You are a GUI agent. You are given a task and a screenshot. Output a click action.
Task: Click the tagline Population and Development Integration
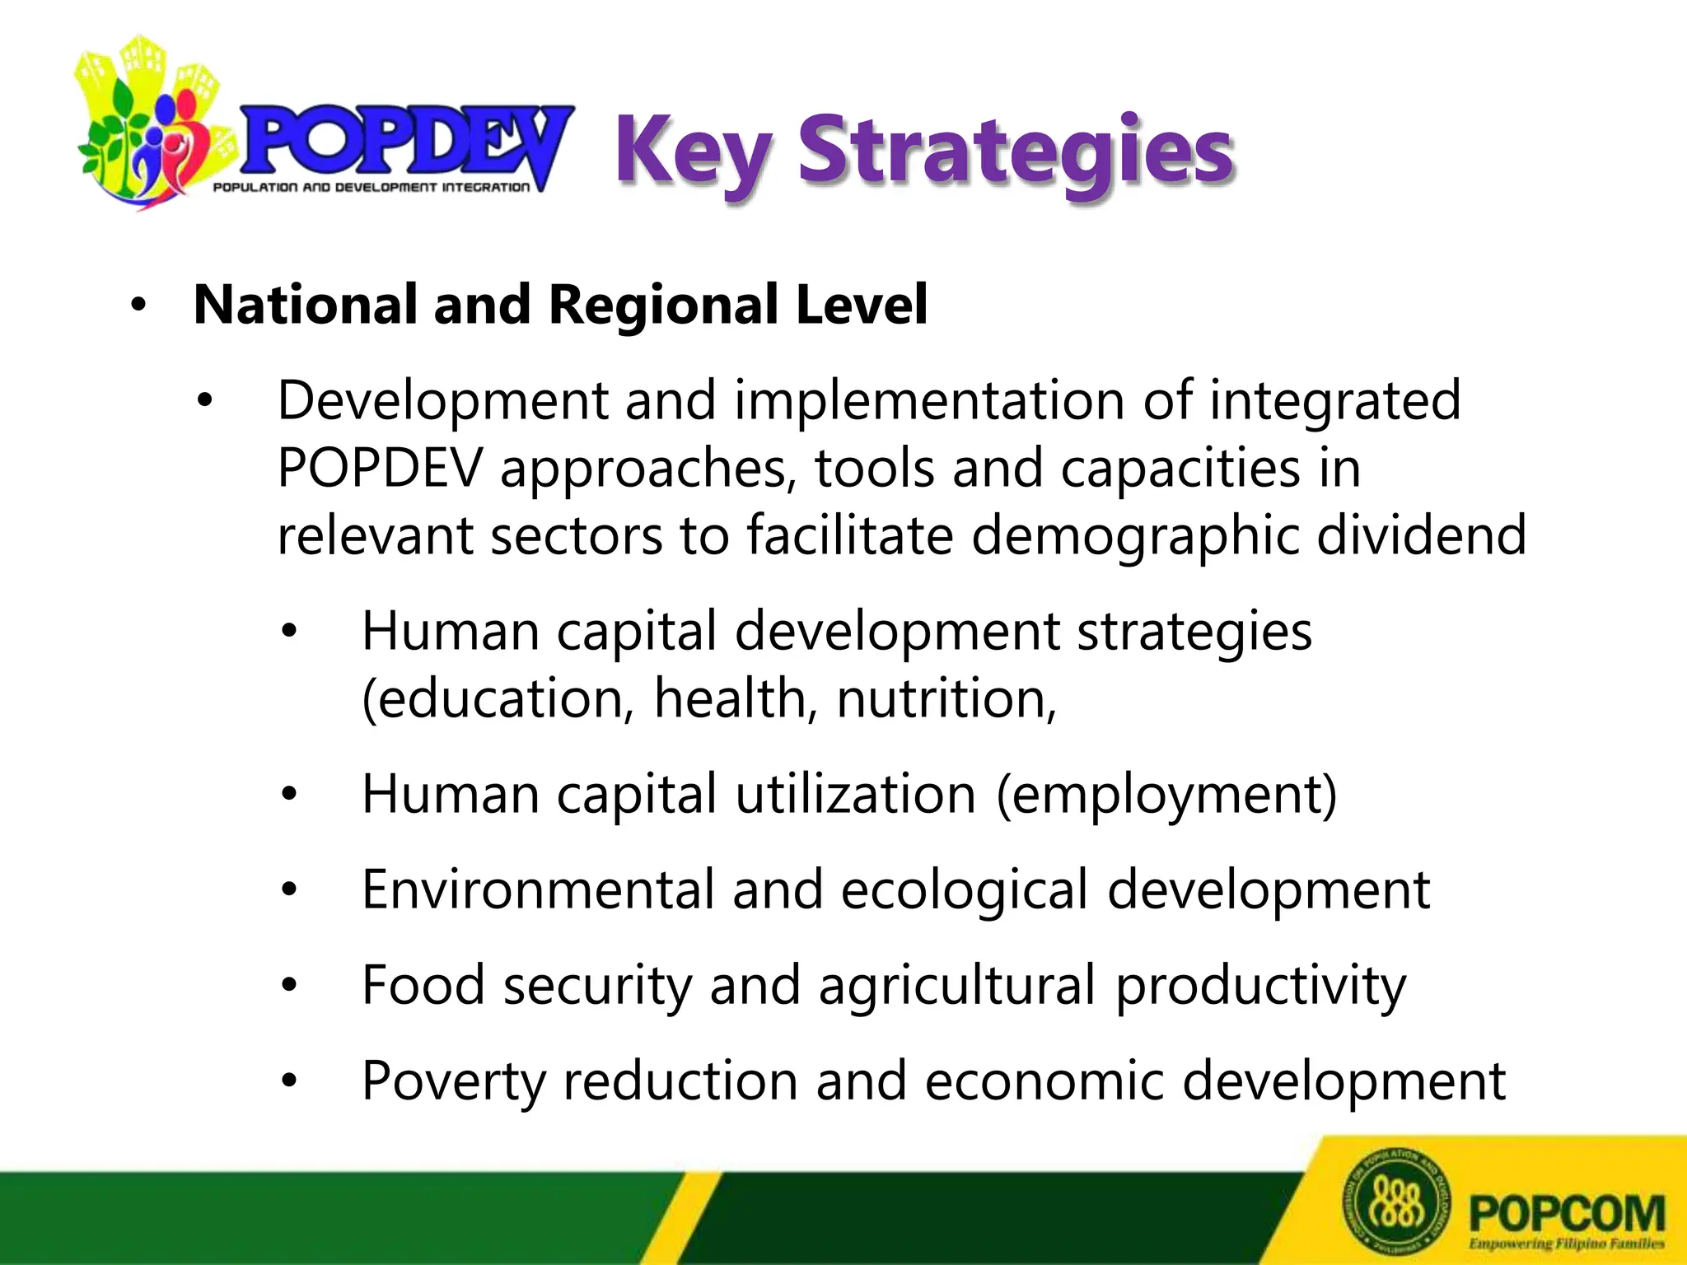(x=371, y=188)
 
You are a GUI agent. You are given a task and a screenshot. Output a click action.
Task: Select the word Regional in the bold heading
(x=662, y=305)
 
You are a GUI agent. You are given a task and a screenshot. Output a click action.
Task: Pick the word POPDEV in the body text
(x=379, y=469)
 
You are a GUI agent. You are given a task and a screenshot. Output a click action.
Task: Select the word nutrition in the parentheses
(x=946, y=699)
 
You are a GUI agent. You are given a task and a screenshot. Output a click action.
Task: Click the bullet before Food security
(x=288, y=986)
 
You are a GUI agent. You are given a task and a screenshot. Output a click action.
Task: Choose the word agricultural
(x=956, y=986)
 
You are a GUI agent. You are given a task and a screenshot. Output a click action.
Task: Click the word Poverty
(x=453, y=1081)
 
